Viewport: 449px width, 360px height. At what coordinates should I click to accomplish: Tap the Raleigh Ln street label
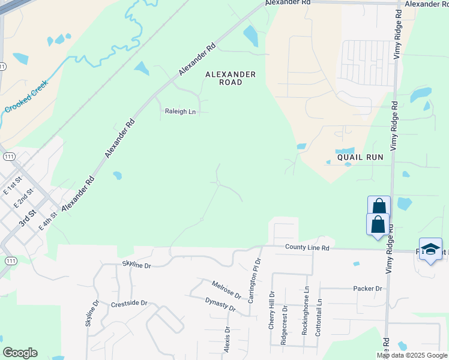[x=181, y=112]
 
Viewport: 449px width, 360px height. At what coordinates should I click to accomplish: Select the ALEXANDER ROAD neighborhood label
[x=231, y=78]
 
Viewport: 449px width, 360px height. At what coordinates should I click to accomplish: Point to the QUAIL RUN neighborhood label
[x=360, y=157]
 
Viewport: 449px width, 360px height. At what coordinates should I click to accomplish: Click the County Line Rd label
[x=307, y=247]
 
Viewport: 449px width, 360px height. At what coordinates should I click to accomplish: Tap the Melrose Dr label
[x=226, y=290]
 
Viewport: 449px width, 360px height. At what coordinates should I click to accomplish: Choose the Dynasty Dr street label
[x=220, y=305]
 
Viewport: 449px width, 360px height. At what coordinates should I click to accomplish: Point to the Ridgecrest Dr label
[x=284, y=326]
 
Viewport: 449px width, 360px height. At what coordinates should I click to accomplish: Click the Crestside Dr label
[x=129, y=304]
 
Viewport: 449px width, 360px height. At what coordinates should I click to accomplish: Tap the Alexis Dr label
[x=227, y=340]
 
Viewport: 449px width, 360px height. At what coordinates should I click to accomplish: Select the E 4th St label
[x=47, y=221]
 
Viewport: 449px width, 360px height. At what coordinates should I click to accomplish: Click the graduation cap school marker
[x=430, y=249]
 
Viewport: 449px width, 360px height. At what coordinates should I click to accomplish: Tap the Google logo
[x=20, y=353]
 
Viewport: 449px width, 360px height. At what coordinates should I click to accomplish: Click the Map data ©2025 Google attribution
[x=412, y=355]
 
